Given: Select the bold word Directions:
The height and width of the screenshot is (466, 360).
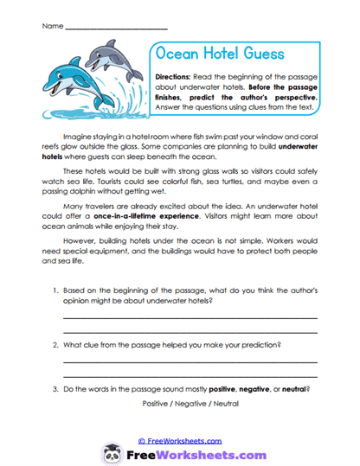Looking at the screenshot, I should (178, 77).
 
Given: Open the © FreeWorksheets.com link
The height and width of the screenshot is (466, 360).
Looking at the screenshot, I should (179, 440).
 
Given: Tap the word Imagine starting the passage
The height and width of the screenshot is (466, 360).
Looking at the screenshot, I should (79, 137).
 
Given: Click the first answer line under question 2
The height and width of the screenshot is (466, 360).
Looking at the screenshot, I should (189, 362).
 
